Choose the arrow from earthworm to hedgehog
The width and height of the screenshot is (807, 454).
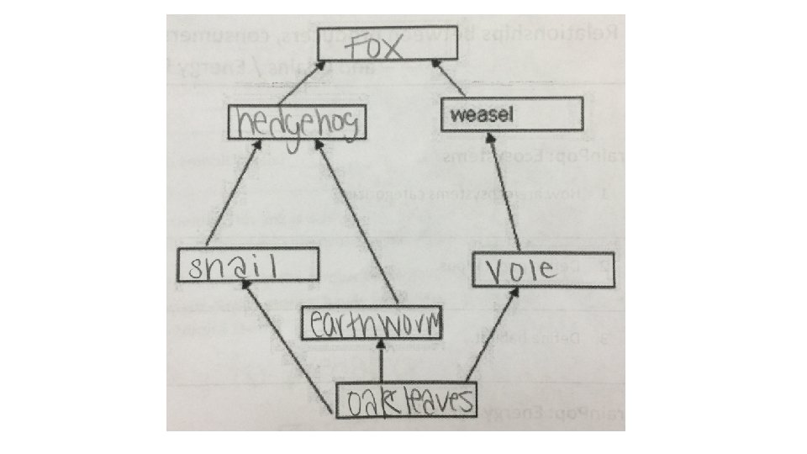[x=357, y=223]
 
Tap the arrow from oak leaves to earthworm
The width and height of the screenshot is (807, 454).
[x=382, y=362]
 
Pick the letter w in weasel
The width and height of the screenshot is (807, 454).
[x=457, y=115]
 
